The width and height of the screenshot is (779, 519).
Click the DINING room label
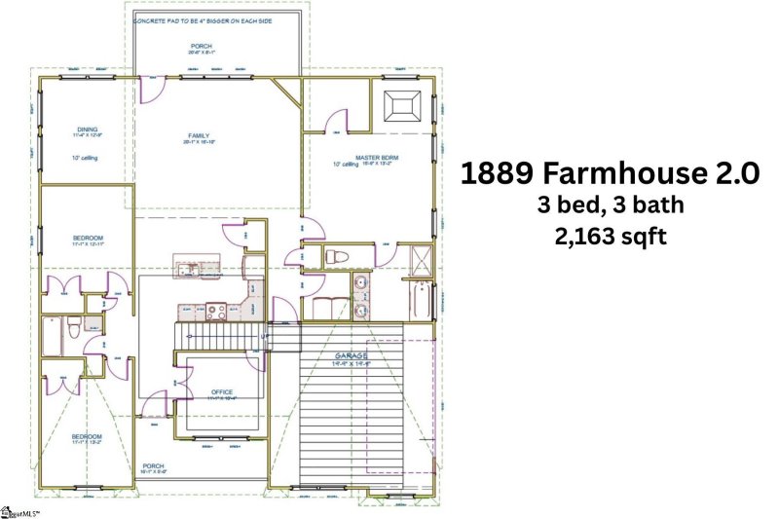[x=88, y=130]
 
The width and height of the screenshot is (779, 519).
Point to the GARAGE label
[x=352, y=356]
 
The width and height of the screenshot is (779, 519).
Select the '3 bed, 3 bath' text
[x=609, y=205]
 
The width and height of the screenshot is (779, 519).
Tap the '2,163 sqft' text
[x=609, y=237]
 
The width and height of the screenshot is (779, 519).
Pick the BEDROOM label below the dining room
[x=88, y=238]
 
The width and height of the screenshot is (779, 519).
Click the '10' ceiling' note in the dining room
[x=87, y=157]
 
